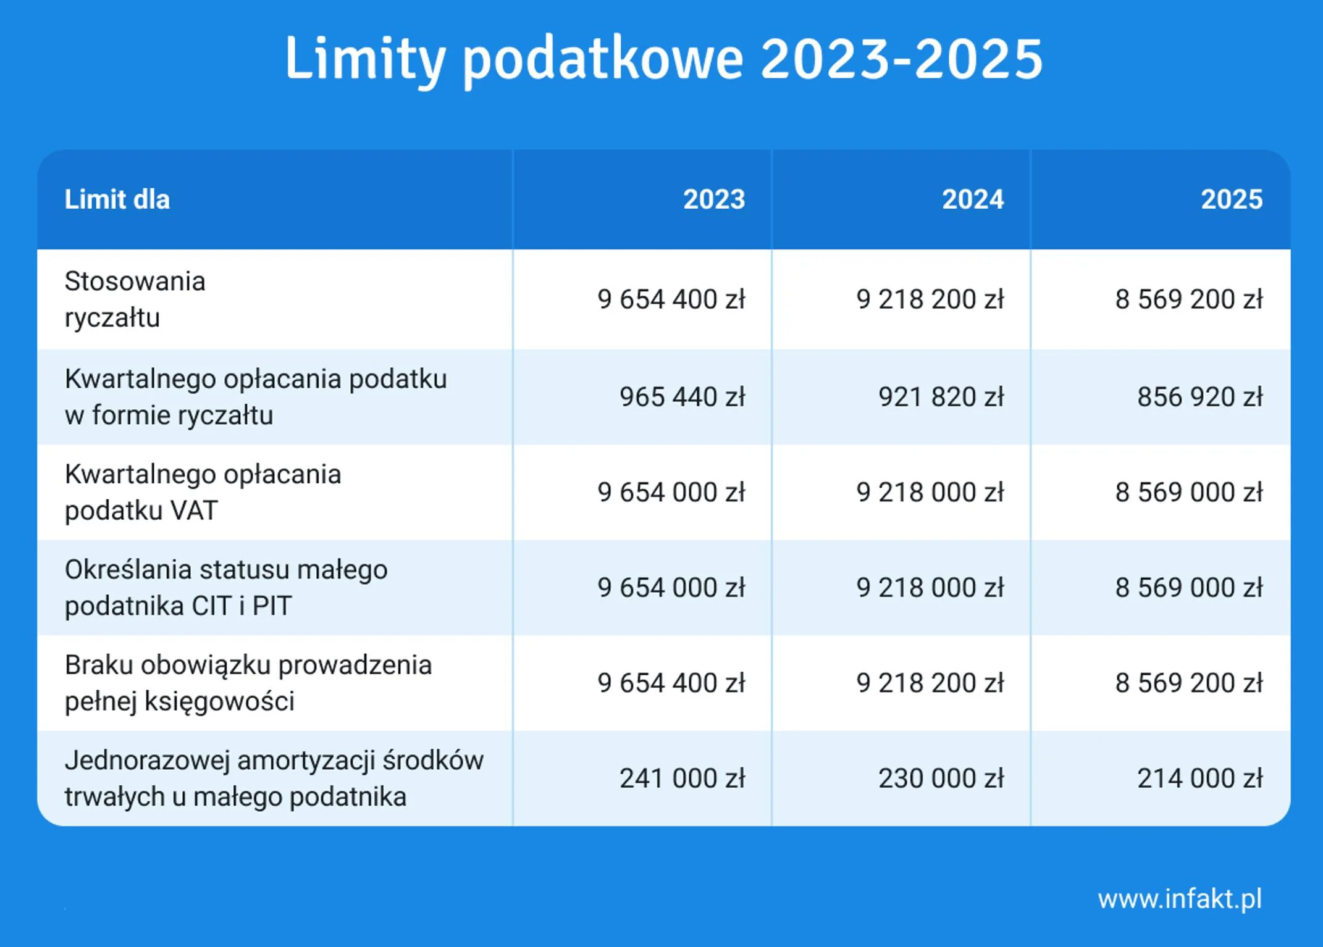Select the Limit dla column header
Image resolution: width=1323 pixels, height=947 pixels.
(x=117, y=199)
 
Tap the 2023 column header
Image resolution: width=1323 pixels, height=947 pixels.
(x=714, y=199)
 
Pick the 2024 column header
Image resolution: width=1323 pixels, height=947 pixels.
(x=973, y=199)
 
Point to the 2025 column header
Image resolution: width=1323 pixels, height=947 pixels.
(x=1232, y=199)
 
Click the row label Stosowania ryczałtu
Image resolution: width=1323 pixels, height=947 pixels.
(x=135, y=299)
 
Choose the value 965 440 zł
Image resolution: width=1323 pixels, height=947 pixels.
(x=682, y=397)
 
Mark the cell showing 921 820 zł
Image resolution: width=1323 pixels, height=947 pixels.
(x=941, y=397)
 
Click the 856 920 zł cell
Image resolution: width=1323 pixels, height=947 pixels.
(x=1200, y=397)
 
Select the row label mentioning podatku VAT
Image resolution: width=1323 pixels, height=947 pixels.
(x=203, y=492)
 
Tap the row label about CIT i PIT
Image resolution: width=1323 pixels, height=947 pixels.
(x=226, y=588)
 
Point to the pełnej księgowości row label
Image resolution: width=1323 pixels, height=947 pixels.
(x=248, y=683)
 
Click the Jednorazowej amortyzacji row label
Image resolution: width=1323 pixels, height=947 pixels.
(x=274, y=778)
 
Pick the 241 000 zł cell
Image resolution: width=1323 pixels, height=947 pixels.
(x=682, y=778)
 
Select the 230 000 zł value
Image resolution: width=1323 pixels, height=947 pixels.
(x=941, y=778)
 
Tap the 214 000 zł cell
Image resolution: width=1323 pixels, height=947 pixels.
(x=1200, y=778)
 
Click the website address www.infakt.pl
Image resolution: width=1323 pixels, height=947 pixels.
(x=1180, y=899)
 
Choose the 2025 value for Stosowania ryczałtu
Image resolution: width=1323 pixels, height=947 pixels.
(x=1189, y=299)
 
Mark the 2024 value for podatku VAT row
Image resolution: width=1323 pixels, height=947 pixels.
(x=930, y=493)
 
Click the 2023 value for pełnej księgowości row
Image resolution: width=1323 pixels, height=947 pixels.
(x=671, y=683)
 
